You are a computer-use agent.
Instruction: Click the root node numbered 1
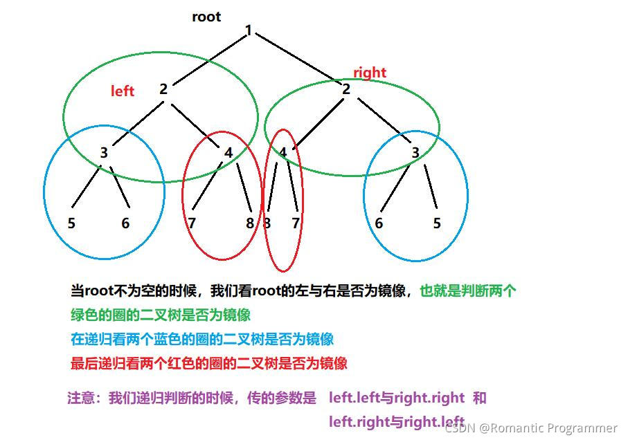248,31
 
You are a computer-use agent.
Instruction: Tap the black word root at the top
206,17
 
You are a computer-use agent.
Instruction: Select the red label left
123,91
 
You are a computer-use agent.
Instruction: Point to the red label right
370,73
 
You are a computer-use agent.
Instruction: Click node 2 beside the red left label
163,89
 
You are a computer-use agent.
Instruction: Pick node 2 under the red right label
346,89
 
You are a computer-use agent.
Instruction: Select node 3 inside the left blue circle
104,153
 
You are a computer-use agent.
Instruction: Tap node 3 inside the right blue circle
415,153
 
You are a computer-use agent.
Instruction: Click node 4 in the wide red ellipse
228,153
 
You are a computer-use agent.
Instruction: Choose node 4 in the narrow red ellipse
283,153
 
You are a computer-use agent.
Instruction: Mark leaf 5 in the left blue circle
71,223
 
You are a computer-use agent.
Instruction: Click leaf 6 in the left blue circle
125,223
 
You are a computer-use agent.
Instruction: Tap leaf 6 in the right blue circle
379,223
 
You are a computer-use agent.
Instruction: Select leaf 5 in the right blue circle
436,223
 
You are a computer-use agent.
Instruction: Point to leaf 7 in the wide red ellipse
192,223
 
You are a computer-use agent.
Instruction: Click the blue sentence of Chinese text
202,339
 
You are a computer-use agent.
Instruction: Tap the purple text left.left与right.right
397,398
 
